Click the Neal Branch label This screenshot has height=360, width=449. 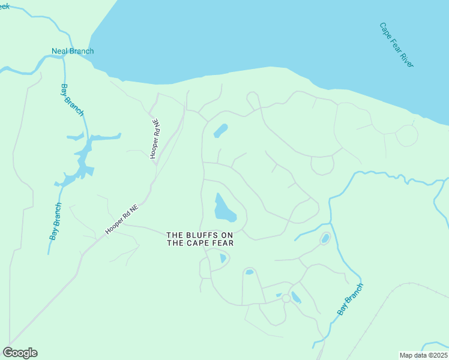click(72, 51)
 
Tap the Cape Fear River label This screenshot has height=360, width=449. click(396, 45)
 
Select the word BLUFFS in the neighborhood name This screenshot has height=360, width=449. click(199, 235)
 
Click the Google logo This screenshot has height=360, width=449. click(20, 353)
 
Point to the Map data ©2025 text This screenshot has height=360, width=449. click(423, 355)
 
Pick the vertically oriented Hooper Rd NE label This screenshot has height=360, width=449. click(155, 138)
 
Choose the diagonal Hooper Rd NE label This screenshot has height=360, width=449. click(122, 218)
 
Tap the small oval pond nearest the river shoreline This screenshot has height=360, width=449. click(221, 130)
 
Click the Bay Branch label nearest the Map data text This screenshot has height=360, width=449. click(350, 299)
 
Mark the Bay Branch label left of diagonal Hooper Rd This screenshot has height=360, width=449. click(55, 222)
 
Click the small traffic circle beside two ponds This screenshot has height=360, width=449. click(286, 298)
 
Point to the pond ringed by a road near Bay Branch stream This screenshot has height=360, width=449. click(325, 238)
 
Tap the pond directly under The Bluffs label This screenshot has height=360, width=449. click(223, 259)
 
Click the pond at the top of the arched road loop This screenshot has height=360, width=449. click(249, 272)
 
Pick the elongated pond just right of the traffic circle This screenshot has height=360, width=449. click(296, 297)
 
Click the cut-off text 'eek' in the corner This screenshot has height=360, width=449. click(5, 6)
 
